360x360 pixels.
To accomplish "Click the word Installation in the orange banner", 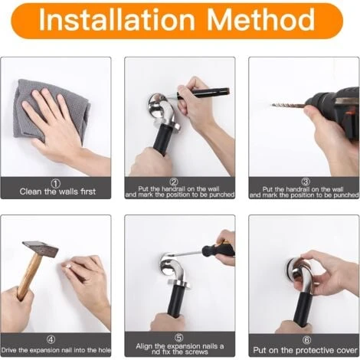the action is [x=117, y=20].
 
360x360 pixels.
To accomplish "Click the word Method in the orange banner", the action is [x=260, y=20].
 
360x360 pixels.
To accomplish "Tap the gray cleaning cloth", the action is [x=51, y=110].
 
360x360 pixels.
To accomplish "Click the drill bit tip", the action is [x=272, y=104].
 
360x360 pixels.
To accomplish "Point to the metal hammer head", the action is [x=41, y=248].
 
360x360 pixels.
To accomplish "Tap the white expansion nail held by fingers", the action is [x=68, y=266].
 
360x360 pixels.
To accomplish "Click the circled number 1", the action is [x=56, y=183].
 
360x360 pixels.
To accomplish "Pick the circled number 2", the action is [x=174, y=182].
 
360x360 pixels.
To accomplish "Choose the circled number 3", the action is [x=306, y=182].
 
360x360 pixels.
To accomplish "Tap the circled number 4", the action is [x=51, y=339].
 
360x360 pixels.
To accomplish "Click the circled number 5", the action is [x=179, y=338].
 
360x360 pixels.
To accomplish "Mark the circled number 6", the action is [x=306, y=340].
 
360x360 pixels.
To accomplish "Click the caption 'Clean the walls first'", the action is [x=57, y=191].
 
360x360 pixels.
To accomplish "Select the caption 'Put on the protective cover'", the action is [x=305, y=350].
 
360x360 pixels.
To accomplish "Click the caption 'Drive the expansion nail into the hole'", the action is [x=56, y=350].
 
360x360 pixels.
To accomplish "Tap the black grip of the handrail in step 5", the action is [x=175, y=301].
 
